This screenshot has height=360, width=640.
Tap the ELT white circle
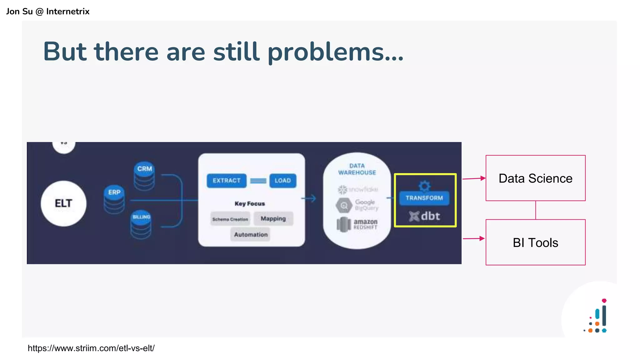point(63,203)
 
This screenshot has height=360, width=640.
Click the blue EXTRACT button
point(227,181)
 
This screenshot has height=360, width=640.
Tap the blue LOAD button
point(282,181)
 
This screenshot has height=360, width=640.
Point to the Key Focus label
point(250,204)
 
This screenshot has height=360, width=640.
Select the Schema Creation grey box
point(230,219)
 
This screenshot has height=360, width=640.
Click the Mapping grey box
point(273,218)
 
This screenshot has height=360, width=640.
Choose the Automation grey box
point(251,234)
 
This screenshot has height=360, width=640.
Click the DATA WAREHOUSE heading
point(357,169)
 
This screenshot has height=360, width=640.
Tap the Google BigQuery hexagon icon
point(344,205)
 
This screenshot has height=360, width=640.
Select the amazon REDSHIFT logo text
point(365,224)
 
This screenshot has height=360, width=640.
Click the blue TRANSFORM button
point(424,198)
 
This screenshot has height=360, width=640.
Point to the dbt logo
point(425,216)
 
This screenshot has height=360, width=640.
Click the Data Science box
point(535,178)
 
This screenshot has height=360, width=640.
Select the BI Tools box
point(535,242)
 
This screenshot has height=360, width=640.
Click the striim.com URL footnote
point(91,348)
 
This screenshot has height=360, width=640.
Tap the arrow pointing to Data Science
point(474,178)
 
